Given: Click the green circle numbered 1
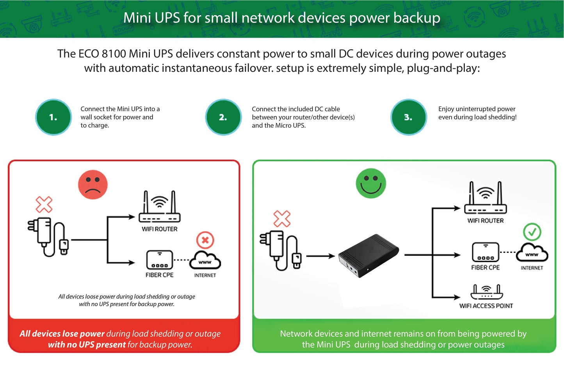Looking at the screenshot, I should pos(53,117).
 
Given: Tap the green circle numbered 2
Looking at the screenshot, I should pos(223,117).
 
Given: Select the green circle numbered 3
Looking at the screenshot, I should pos(408,117).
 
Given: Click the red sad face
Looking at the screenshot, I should pos(93,185).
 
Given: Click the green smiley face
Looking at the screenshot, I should pos(371,183).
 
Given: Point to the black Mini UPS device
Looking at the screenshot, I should pos(368,256).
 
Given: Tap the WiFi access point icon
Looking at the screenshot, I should pos(486,292).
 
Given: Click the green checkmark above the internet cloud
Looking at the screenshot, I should pos(532,232).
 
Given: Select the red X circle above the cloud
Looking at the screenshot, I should pos(205,240).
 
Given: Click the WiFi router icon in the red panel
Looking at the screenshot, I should pos(159,207).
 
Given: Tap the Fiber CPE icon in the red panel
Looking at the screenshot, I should pos(159,260).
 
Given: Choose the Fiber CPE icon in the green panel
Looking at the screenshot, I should pos(485,252).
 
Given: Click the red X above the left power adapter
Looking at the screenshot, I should pos(44,204).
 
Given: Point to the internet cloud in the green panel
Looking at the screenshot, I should pos(532,253).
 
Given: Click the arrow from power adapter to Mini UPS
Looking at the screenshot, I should pos(320,256).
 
